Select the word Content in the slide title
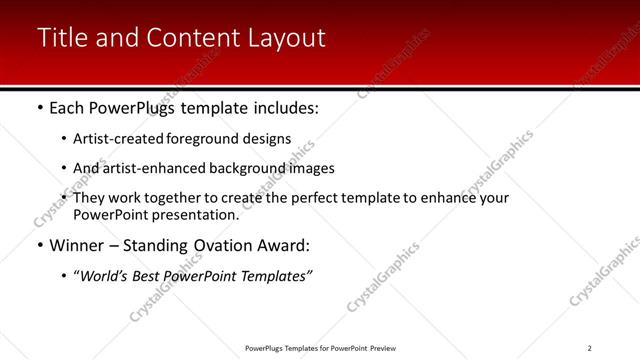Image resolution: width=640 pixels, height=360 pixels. click(189, 38)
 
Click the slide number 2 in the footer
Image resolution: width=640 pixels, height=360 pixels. click(590, 348)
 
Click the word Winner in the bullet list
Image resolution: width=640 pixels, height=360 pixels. click(78, 245)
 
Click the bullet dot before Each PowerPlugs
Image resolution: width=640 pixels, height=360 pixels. click(39, 106)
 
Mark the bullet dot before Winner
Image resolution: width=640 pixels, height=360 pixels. click(39, 246)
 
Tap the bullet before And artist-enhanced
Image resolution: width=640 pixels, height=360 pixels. click(64, 168)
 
